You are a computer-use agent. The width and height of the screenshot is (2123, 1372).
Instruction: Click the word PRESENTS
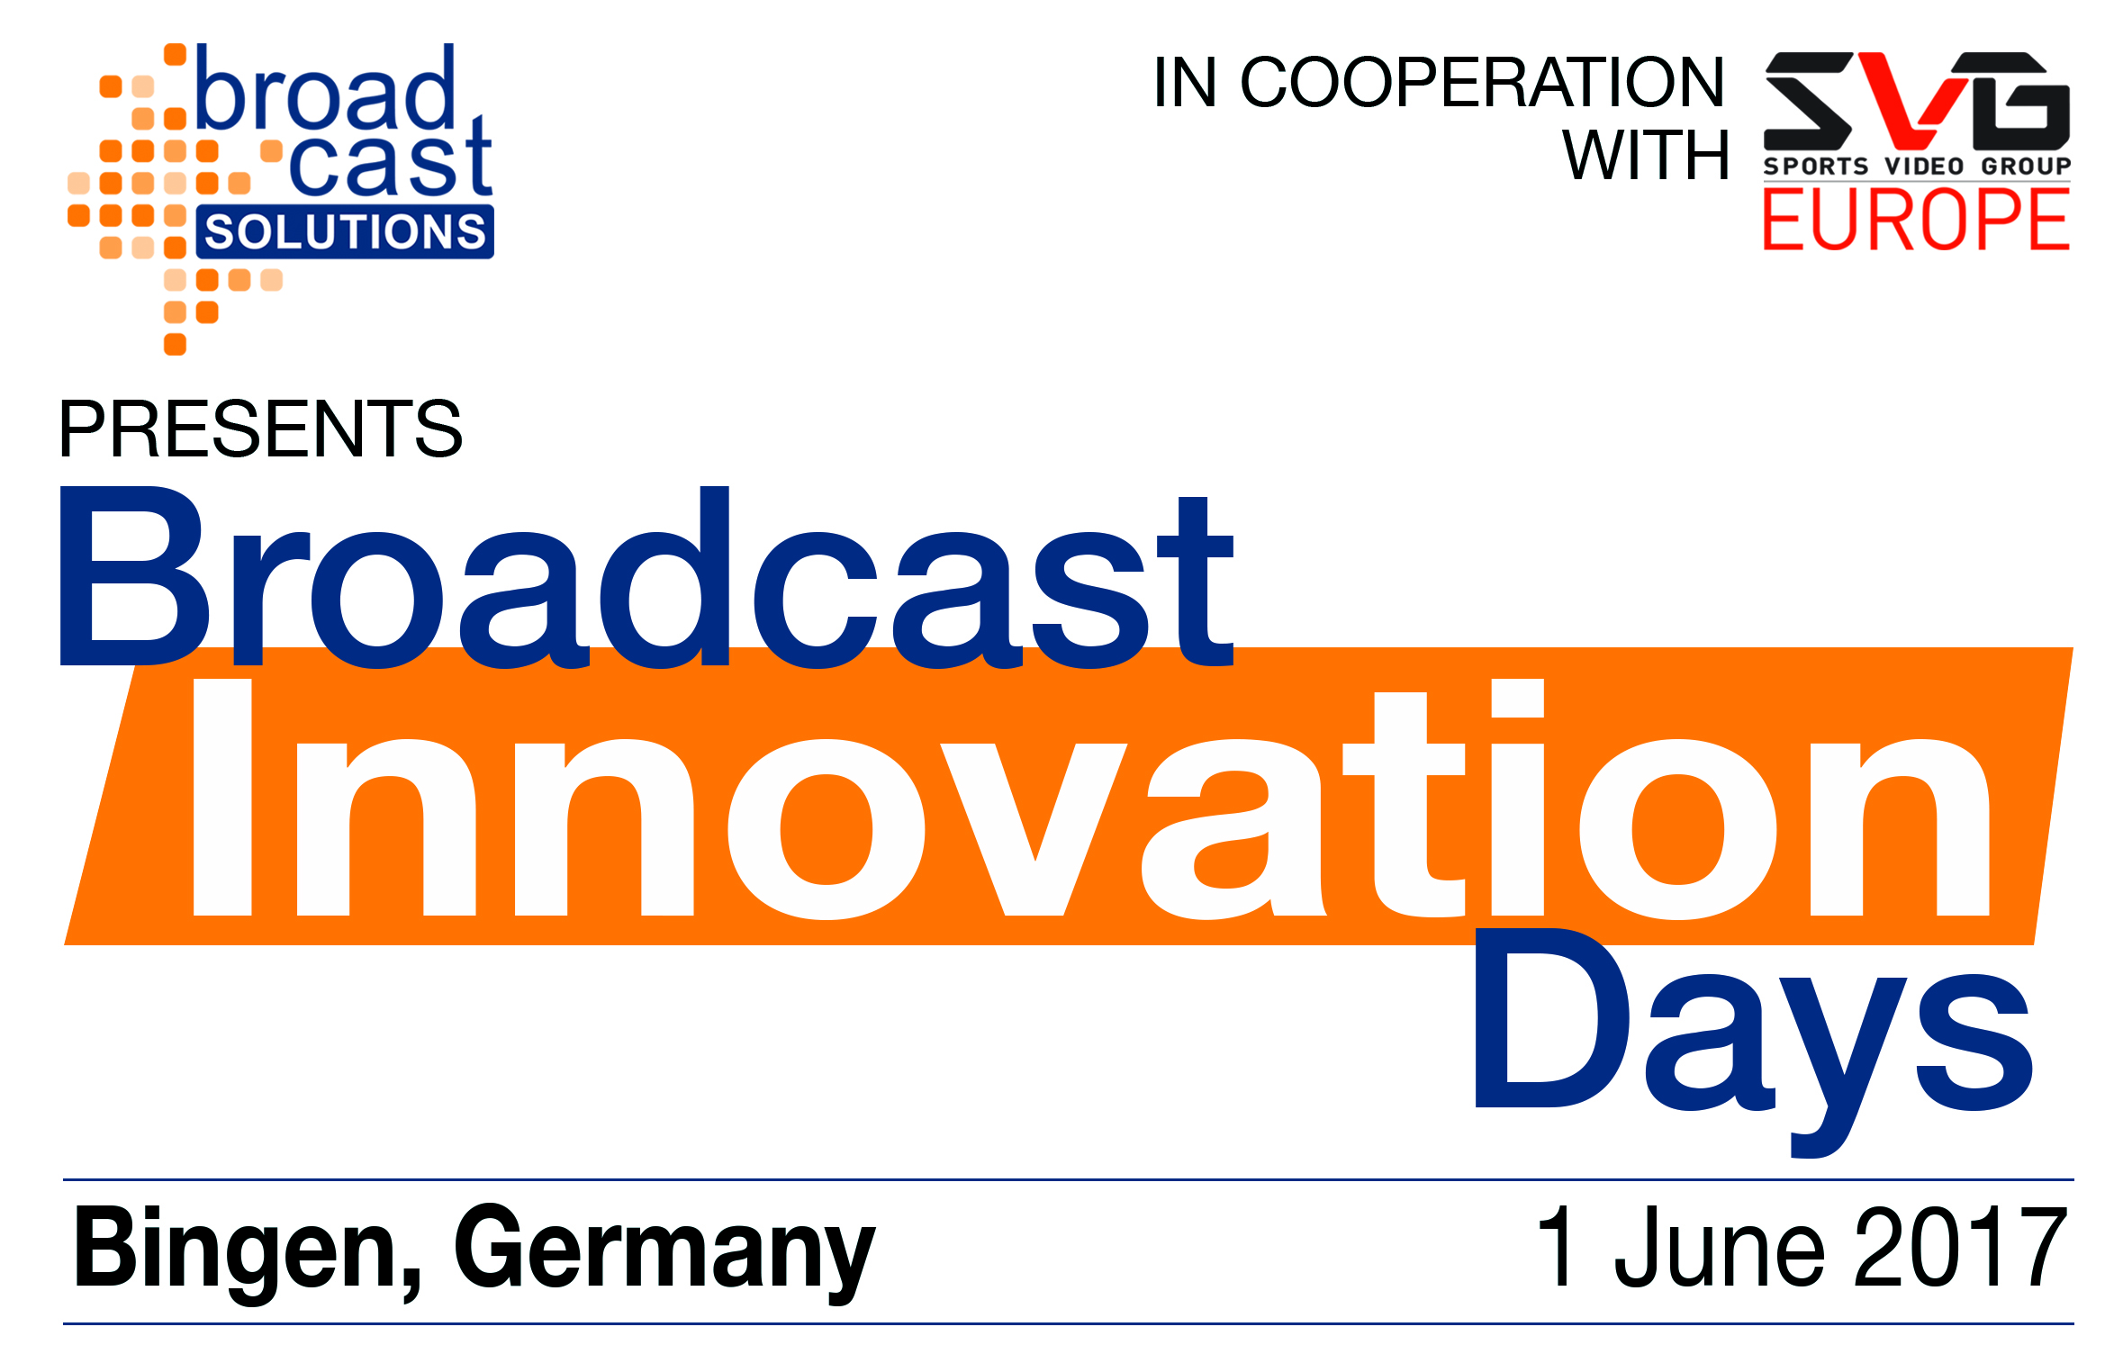click(260, 429)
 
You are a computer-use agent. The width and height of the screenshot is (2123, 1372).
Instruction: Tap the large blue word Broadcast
click(646, 576)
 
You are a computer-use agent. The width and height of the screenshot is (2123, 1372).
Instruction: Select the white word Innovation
click(1090, 799)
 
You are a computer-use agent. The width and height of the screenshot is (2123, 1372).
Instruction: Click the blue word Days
click(1753, 1043)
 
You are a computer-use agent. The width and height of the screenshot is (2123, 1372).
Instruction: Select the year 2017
click(1959, 1248)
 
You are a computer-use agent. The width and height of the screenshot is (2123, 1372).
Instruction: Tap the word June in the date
click(1720, 1248)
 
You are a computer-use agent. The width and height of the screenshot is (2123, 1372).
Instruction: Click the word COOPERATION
click(1482, 82)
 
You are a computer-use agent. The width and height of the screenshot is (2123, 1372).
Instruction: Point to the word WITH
click(1646, 155)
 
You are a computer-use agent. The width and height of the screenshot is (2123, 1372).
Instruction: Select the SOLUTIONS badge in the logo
click(345, 232)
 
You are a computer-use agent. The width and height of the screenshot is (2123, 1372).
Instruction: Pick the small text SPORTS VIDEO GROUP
click(1917, 167)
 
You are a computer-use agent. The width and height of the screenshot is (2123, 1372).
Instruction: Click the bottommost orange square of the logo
click(176, 345)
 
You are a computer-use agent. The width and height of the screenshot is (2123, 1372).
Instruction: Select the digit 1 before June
click(1558, 1248)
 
